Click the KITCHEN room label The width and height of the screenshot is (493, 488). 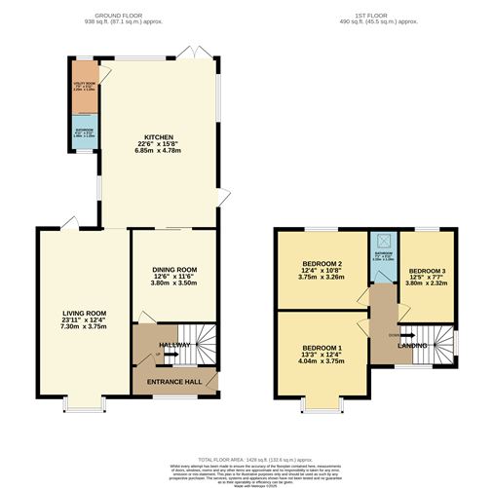point(159,137)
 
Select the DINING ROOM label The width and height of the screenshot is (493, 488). point(174,270)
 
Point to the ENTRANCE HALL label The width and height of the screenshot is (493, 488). point(174,381)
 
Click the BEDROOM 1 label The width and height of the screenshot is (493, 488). point(322,348)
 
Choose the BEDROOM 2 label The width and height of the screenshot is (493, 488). point(322,264)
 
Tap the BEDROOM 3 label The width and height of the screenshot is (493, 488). point(427,270)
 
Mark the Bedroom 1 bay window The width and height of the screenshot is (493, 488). point(322,401)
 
